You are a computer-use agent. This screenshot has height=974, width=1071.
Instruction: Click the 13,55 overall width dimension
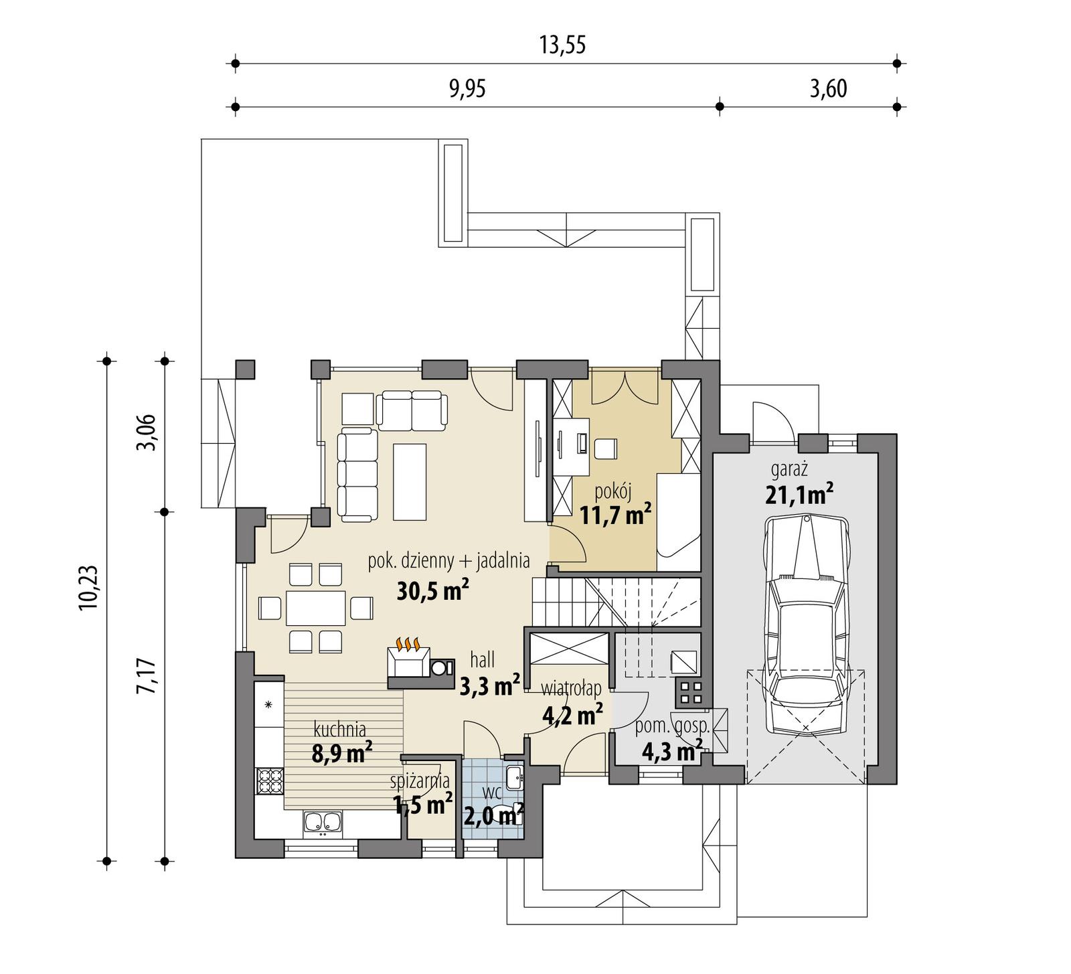click(x=562, y=45)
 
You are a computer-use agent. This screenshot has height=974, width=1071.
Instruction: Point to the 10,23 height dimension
click(x=88, y=587)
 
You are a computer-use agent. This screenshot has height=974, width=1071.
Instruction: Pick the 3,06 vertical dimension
click(x=147, y=432)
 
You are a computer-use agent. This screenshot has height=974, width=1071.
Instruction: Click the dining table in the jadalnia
click(x=315, y=608)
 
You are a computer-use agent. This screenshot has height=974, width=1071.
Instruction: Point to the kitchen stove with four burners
click(x=269, y=781)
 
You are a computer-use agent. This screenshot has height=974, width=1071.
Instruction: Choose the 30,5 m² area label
click(x=432, y=590)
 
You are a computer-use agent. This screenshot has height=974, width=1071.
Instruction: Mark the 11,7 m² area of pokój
click(x=615, y=515)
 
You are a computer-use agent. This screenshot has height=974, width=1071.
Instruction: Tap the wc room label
click(x=492, y=793)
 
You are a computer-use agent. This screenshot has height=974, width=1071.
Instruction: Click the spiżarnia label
click(x=420, y=781)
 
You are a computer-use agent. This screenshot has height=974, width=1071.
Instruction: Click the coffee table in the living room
click(x=410, y=481)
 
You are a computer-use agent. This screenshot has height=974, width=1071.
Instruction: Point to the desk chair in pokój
click(x=606, y=449)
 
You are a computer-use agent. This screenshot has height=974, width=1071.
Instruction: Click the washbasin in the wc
click(x=514, y=777)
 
